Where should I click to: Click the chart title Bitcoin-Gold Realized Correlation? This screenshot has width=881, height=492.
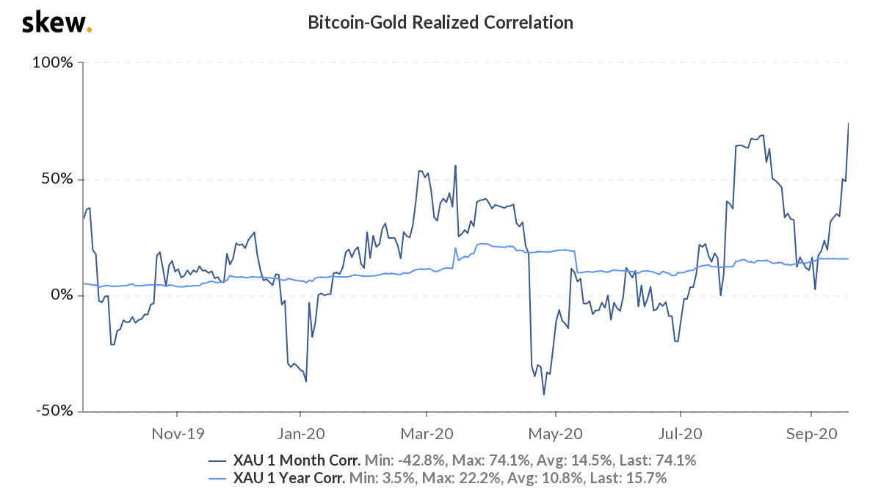[x=440, y=23]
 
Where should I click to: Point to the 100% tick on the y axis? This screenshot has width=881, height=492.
[x=53, y=63]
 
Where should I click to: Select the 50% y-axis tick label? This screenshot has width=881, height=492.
[x=57, y=179]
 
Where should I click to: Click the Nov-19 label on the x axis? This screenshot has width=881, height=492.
[x=176, y=434]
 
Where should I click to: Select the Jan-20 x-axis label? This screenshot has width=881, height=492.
[x=300, y=434]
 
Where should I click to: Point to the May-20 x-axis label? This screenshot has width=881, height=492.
[x=555, y=434]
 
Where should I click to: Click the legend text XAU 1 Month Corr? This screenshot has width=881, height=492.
[x=296, y=461]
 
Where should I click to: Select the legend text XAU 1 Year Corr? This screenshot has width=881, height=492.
[x=289, y=479]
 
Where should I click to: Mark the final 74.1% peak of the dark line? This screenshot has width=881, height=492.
[x=849, y=123]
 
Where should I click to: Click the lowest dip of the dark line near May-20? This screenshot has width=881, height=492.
[x=544, y=394]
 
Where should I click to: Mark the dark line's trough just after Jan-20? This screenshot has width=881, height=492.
[x=305, y=380]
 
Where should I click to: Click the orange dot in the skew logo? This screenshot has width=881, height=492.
[x=90, y=30]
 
